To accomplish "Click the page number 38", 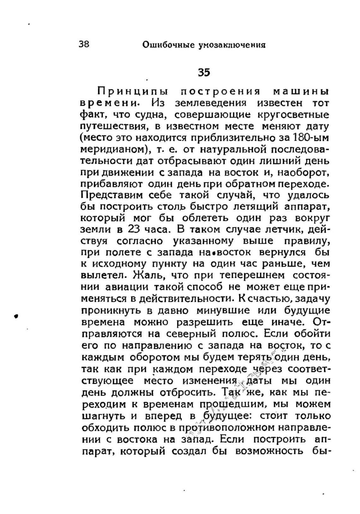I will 84,44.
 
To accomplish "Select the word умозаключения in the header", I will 232,45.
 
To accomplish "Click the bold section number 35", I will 204,73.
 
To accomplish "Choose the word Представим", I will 112,195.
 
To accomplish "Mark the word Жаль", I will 147,275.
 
